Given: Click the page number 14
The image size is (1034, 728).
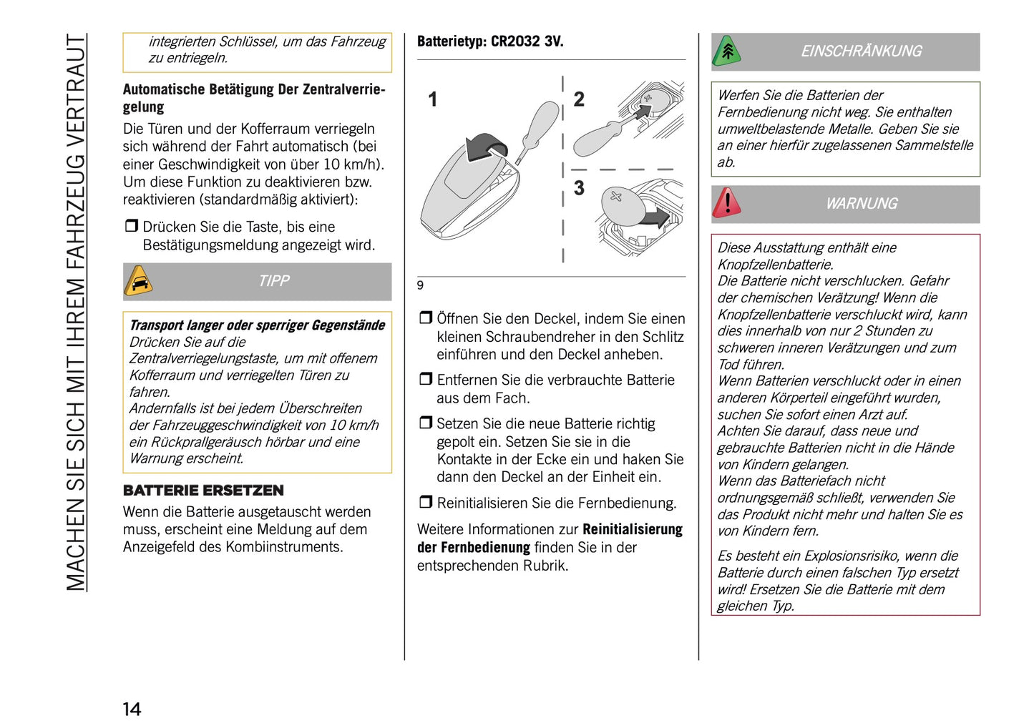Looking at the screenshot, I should [x=132, y=709].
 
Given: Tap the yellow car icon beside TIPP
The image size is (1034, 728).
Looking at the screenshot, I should [x=138, y=281].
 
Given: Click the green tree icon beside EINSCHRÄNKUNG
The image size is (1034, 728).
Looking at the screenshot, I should [x=726, y=51].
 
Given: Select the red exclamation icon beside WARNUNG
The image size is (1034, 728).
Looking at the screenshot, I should [x=726, y=203].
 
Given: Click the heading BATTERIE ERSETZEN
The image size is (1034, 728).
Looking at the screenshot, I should [x=203, y=491].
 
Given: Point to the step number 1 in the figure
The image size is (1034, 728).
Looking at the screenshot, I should [x=432, y=99].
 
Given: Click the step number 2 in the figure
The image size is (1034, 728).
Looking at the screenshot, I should [x=579, y=99].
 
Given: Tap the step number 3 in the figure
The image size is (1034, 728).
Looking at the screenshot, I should [x=579, y=188].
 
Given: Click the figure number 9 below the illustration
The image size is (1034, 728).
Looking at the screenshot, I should [x=420, y=285].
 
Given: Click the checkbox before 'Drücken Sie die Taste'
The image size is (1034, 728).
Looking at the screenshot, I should [x=131, y=226].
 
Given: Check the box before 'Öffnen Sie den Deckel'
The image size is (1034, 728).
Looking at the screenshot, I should [x=425, y=318].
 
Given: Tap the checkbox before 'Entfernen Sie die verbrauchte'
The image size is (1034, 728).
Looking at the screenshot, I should [x=425, y=379].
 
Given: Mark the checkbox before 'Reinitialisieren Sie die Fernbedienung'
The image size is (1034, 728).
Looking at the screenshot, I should [x=425, y=502].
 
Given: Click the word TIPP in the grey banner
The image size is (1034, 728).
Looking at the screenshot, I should [x=274, y=281].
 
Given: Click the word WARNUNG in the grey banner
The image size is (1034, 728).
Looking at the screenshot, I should [x=861, y=204].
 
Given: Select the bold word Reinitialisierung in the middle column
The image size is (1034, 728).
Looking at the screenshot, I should [x=632, y=530].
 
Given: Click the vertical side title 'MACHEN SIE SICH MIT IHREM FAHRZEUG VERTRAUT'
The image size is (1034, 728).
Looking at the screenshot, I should [x=76, y=312].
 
